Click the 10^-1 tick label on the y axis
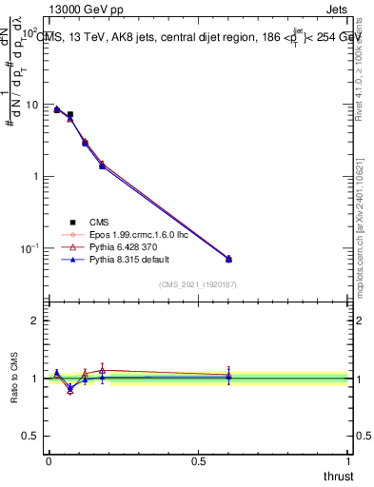(29, 248)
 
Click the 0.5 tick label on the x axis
(198, 460)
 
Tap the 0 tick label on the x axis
(49, 460)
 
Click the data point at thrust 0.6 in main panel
(228, 259)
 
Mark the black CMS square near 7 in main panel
(70, 115)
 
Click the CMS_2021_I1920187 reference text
(198, 284)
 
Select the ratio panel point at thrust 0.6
(228, 378)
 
